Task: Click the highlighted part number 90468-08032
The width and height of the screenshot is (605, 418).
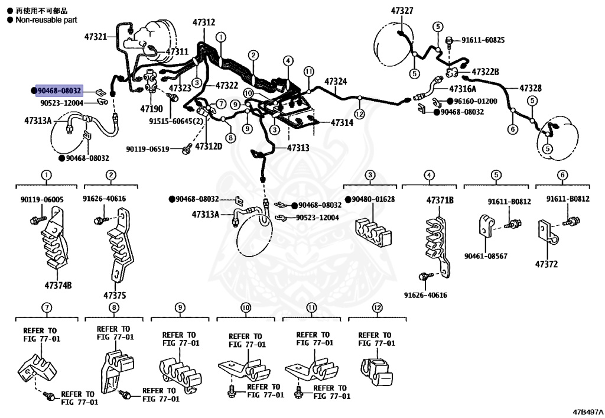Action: [58, 90]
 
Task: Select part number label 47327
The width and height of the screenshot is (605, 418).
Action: [402, 11]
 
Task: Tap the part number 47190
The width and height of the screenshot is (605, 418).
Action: [151, 109]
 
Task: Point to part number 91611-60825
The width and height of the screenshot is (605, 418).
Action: [483, 40]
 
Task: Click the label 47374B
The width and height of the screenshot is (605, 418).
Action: [58, 285]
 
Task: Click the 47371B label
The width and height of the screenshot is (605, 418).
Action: [440, 200]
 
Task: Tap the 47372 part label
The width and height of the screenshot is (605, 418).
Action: [547, 264]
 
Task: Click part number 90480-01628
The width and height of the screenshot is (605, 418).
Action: [372, 199]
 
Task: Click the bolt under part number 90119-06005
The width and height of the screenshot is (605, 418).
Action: [35, 220]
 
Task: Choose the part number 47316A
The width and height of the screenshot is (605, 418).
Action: [466, 89]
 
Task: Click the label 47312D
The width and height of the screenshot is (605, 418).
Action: [209, 145]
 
